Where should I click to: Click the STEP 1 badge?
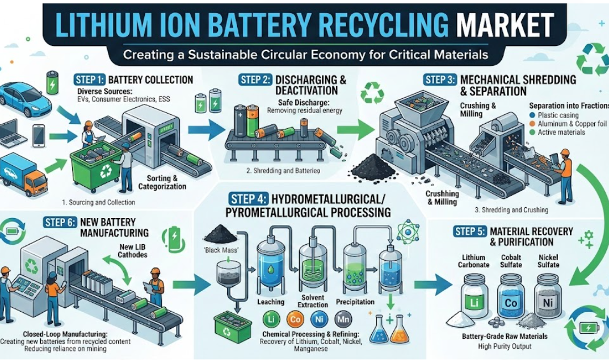[x=87, y=80]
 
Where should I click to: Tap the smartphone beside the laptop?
[x=39, y=135]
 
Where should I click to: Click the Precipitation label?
[x=354, y=302]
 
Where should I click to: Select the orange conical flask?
[x=400, y=330]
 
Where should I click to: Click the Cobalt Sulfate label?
[x=510, y=261]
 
